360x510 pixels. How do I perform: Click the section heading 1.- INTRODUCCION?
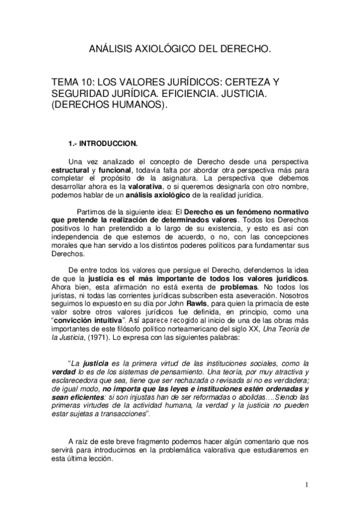103,143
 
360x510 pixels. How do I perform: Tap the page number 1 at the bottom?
307,485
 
